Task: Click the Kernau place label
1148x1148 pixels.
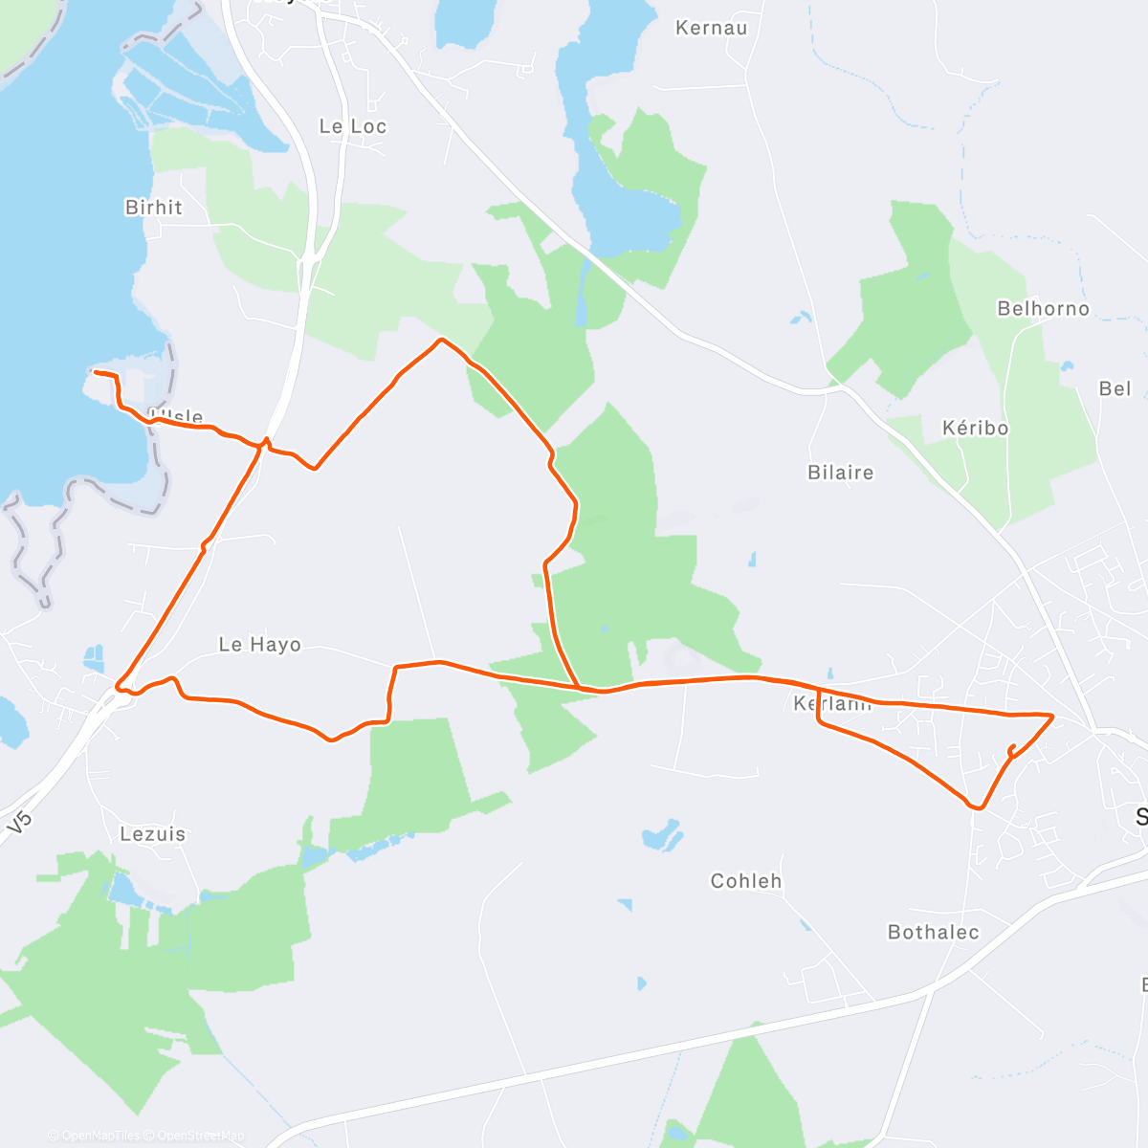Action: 711,28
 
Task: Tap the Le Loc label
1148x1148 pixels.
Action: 353,126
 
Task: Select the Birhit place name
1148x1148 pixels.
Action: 153,207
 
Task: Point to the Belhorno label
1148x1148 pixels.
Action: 1043,308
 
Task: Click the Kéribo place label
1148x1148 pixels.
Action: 975,428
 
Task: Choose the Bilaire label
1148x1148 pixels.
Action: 840,472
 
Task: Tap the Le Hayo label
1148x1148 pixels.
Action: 259,645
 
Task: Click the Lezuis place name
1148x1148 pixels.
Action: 153,834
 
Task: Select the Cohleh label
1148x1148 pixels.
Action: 746,880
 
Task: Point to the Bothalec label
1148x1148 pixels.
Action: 933,932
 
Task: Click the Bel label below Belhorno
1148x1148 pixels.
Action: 1115,388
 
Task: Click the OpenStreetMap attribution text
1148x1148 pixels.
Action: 200,1136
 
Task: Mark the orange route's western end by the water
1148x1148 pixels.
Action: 93,371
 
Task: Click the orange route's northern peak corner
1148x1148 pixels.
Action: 440,340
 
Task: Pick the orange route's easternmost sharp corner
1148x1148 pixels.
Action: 1052,716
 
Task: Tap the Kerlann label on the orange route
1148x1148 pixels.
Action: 832,704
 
